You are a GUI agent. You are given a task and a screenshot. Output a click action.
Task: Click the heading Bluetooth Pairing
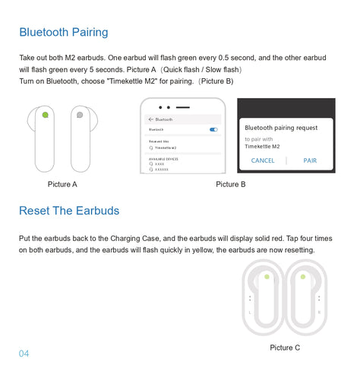click(64, 32)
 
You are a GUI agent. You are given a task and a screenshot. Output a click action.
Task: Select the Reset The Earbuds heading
click(69, 210)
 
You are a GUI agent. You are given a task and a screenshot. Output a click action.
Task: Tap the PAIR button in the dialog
click(310, 160)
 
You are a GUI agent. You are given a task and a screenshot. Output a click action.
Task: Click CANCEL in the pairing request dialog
click(263, 160)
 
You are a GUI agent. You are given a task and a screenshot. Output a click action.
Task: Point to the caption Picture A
click(62, 184)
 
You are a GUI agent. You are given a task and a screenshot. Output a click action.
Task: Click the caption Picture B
click(231, 184)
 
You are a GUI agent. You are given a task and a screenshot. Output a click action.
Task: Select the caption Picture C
click(285, 348)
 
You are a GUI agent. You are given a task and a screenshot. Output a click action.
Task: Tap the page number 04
click(24, 354)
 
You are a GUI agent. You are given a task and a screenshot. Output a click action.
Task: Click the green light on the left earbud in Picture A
click(46, 116)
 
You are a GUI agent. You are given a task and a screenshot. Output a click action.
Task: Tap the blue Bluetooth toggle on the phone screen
click(213, 130)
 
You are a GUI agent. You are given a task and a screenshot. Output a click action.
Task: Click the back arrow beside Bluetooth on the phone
click(150, 119)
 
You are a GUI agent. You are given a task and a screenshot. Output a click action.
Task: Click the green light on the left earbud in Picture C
click(267, 277)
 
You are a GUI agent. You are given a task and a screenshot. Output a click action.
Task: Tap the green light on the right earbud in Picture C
click(302, 277)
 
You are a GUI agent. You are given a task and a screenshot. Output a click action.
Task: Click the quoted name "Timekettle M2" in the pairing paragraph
click(132, 81)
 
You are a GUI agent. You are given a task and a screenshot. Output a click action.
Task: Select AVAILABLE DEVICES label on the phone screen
click(164, 158)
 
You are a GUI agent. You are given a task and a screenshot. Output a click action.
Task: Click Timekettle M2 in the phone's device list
click(166, 148)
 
